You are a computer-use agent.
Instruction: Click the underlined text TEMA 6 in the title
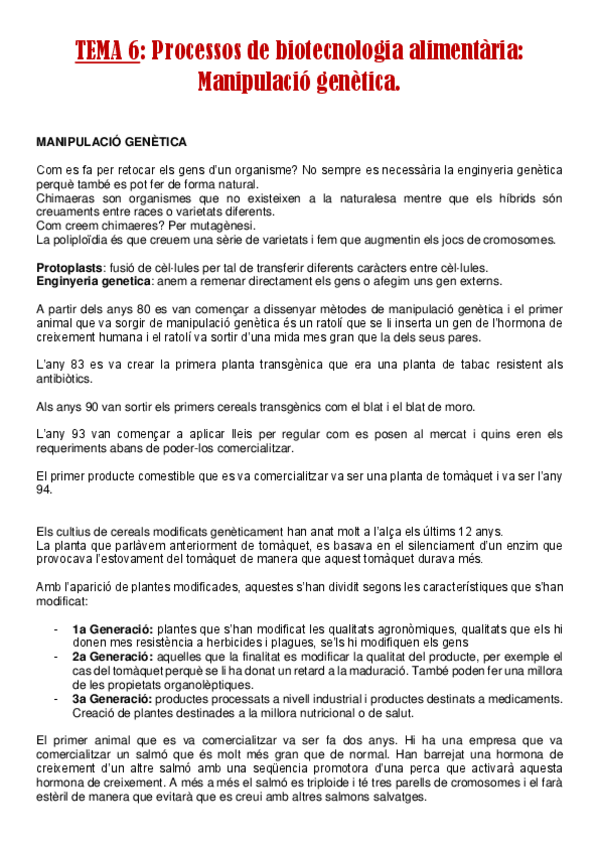(107, 51)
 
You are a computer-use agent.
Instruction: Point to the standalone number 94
(44, 490)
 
